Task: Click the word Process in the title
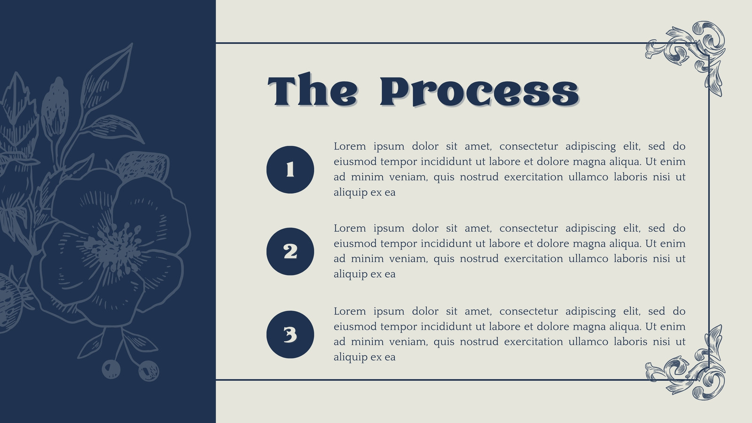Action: click(480, 91)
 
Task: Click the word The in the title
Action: click(313, 90)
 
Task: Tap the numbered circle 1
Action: click(290, 170)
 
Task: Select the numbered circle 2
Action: click(290, 251)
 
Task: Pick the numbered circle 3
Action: click(290, 334)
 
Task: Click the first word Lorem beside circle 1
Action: click(350, 146)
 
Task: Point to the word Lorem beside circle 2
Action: click(350, 228)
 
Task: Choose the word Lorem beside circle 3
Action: click(350, 311)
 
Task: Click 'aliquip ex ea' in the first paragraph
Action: click(365, 193)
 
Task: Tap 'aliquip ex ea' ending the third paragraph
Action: click(365, 357)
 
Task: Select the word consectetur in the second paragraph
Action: click(529, 228)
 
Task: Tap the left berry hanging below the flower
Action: click(111, 369)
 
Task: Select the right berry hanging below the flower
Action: click(149, 371)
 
